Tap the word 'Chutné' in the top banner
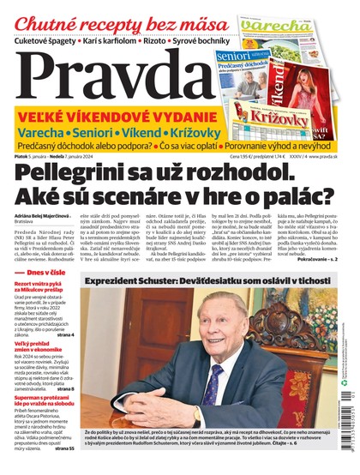point(43,24)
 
